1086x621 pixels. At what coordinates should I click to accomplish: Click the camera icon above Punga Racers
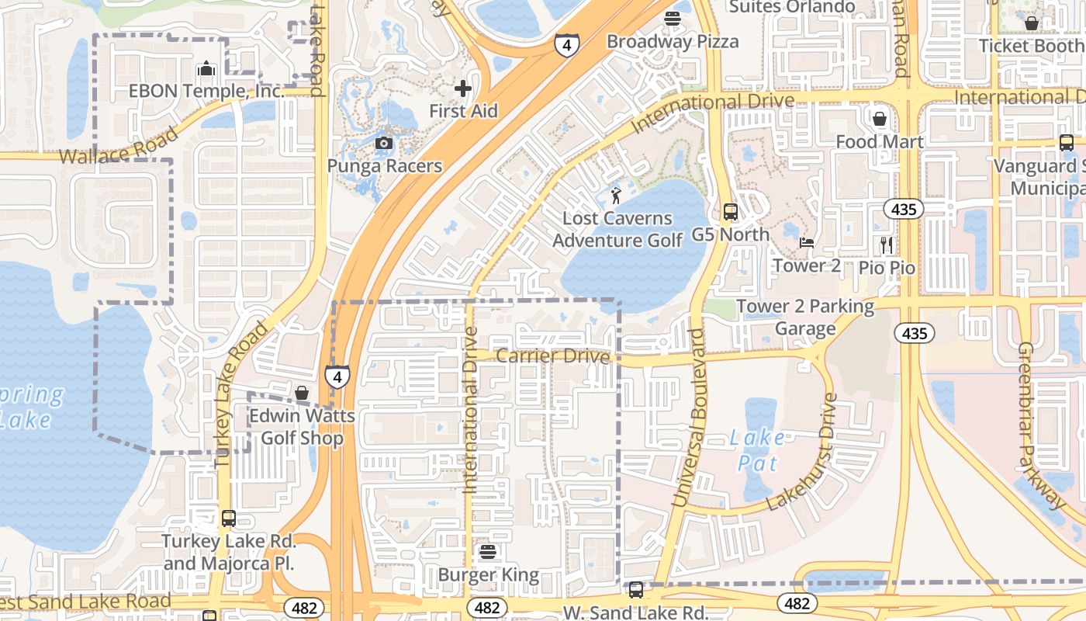383,143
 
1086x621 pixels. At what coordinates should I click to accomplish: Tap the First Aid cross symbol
463,88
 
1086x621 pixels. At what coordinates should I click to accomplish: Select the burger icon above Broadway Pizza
672,18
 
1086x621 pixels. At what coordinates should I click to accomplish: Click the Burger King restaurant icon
488,552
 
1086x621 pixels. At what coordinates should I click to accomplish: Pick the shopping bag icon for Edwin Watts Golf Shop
302,393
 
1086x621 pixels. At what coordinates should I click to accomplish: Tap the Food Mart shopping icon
880,119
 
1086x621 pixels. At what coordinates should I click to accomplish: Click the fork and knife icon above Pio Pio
887,245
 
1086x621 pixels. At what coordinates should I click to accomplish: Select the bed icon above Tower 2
807,243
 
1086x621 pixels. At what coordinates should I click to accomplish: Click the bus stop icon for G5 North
730,211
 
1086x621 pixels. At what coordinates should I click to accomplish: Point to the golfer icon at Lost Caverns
617,196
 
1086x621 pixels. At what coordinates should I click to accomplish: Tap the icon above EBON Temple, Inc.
206,68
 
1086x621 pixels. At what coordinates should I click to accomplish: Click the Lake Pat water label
757,450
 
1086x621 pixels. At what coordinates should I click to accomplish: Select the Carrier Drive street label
552,356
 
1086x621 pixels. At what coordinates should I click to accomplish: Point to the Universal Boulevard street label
690,419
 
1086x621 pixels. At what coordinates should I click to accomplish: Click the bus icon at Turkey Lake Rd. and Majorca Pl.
228,518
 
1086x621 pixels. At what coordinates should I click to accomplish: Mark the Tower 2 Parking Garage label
804,317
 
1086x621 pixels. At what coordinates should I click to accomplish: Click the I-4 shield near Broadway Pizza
567,45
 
